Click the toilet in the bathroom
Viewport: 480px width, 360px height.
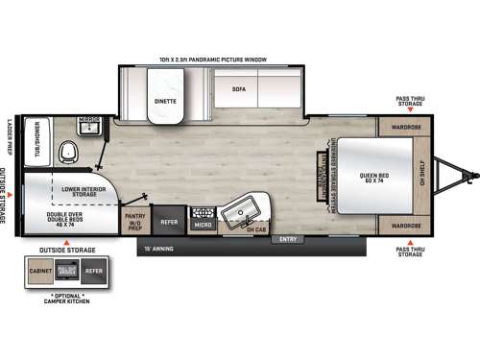(x=67, y=153)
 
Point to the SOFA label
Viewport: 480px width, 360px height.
(x=239, y=88)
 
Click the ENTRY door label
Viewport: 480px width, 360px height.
(x=286, y=238)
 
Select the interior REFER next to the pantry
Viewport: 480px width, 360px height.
(x=169, y=223)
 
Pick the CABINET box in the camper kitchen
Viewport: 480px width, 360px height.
(x=39, y=272)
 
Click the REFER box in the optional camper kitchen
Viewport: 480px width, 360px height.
(x=93, y=272)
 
